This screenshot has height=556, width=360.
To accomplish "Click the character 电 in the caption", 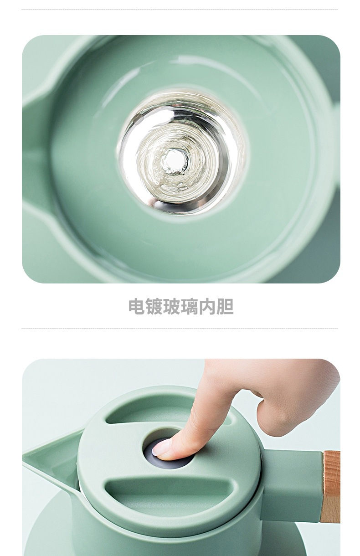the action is [137, 307].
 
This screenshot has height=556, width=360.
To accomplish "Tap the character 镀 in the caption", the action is [154, 307].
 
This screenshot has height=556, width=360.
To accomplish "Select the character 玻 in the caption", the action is [172, 307].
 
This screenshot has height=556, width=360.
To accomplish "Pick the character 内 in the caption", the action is [207, 307].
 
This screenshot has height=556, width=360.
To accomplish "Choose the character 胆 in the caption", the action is [225, 307].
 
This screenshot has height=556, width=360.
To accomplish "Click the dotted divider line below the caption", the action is [180, 329].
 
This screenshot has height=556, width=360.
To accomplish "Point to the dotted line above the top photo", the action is [180, 10].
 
